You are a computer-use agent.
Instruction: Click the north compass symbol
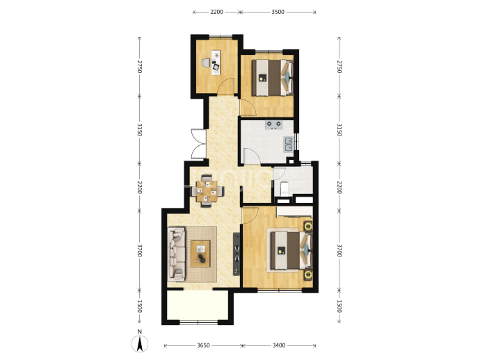click(x=140, y=343)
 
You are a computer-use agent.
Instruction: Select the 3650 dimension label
click(x=203, y=345)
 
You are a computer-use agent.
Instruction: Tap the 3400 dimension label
click(x=279, y=345)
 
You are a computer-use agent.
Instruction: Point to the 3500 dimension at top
click(x=278, y=12)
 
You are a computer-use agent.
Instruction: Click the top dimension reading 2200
click(x=216, y=12)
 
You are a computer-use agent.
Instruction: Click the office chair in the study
click(x=206, y=63)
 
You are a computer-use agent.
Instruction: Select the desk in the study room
click(x=216, y=63)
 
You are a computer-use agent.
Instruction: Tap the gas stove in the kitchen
click(x=273, y=125)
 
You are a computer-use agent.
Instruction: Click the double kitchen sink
click(x=289, y=145)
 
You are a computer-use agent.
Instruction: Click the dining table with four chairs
click(x=207, y=191)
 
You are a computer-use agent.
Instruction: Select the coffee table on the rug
click(x=200, y=254)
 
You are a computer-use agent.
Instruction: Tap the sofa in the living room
click(x=177, y=254)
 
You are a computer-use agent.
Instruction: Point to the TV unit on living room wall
click(x=237, y=254)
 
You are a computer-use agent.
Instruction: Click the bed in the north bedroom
click(x=272, y=77)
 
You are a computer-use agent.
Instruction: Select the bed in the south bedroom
click(x=291, y=250)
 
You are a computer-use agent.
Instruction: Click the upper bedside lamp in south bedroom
click(x=308, y=226)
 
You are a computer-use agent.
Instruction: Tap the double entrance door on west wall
click(x=198, y=144)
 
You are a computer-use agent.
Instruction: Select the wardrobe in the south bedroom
click(x=294, y=211)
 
